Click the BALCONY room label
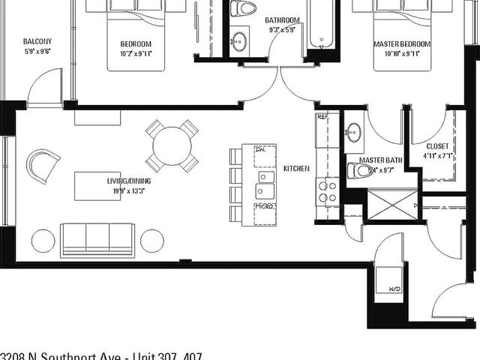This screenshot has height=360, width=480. [37, 40]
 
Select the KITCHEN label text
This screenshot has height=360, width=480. [296, 169]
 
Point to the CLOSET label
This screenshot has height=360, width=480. [437, 145]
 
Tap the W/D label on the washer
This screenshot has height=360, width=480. [392, 289]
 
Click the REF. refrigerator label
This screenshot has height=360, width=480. [323, 118]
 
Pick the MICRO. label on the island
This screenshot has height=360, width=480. [263, 205]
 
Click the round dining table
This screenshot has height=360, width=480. [172, 145]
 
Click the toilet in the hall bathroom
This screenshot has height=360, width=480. [244, 8]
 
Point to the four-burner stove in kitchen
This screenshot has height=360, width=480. [328, 191]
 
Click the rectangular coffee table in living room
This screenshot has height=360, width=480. [97, 185]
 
